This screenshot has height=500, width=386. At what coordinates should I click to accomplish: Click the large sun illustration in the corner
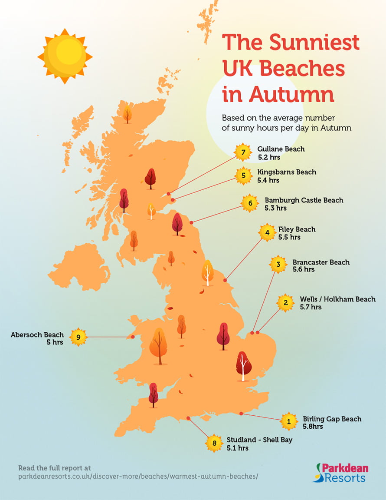65,56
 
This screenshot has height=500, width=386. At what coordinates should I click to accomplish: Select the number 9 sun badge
78,337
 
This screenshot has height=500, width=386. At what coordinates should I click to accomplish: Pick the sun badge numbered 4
267,233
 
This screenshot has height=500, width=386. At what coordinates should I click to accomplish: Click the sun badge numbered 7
243,152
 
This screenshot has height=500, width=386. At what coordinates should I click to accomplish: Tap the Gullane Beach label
281,149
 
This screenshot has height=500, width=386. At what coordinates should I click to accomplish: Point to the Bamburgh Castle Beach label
304,200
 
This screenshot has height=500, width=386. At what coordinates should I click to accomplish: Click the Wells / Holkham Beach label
337,299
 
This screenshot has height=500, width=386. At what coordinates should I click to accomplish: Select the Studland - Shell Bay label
259,440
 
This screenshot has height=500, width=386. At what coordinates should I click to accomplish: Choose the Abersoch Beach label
37,335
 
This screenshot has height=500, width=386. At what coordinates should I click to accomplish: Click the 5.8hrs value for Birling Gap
313,427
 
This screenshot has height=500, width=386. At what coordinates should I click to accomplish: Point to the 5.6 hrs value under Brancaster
303,270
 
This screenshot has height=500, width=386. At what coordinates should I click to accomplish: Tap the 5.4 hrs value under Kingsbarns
268,180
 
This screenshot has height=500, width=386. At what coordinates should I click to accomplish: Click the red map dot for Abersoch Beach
133,337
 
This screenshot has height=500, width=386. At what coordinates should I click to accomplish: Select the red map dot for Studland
188,418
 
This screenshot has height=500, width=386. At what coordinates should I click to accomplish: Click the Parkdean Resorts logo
340,473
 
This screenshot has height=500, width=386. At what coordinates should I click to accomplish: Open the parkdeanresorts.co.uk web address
138,477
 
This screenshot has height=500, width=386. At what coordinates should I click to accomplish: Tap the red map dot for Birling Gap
241,414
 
